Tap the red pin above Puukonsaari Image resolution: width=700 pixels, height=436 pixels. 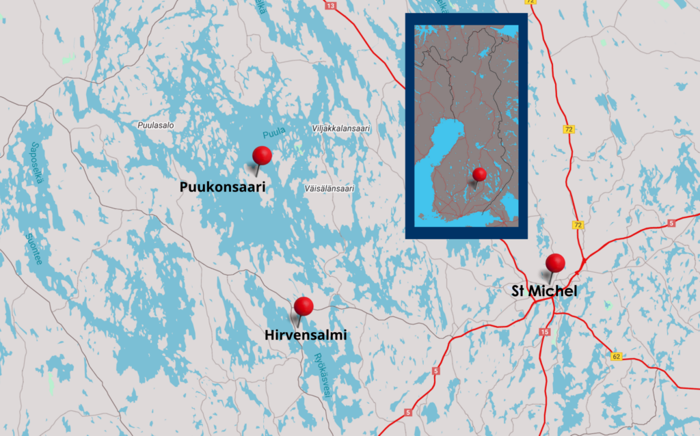(x=262, y=156)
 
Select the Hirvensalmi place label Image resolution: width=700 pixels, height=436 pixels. (x=305, y=336)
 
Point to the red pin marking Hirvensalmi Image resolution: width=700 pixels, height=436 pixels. (x=304, y=307)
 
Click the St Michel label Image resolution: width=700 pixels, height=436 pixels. (x=545, y=292)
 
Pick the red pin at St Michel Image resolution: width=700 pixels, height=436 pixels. (x=555, y=263)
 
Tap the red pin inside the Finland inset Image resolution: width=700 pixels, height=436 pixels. (x=479, y=174)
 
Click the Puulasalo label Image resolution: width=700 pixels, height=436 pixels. (x=156, y=126)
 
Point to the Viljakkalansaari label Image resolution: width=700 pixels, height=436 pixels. (x=340, y=128)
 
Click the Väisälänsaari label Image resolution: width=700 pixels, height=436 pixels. (x=329, y=188)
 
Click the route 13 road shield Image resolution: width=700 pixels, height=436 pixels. (x=331, y=6)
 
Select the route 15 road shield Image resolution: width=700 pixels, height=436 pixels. (x=544, y=332)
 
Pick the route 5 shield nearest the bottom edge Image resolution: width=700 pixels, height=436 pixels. (x=408, y=412)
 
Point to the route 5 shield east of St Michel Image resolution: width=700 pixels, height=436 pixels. (x=671, y=223)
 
